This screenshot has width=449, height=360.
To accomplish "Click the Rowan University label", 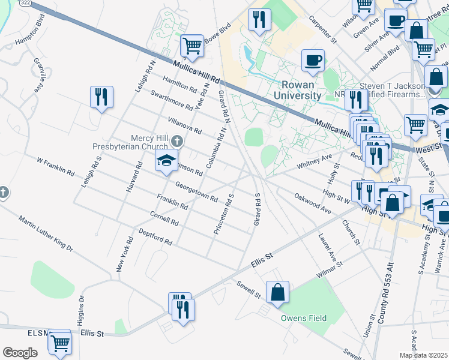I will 297,91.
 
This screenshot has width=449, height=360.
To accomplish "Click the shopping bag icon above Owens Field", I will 278,292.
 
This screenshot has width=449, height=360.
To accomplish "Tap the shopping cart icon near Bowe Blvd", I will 192,45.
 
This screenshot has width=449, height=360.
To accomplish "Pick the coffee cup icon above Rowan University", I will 313,59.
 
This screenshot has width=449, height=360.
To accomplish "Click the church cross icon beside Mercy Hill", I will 176,141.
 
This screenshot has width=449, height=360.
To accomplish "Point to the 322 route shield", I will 26,2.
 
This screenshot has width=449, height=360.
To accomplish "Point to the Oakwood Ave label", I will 313,203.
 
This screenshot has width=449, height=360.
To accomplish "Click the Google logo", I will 19,353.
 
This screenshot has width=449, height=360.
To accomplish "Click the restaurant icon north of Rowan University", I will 259,19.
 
